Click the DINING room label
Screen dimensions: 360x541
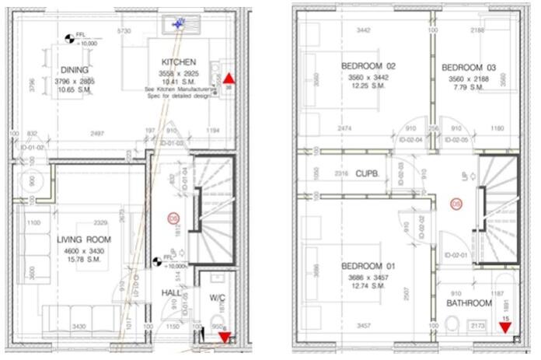(x=74, y=69)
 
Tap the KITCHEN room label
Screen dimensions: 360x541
(x=178, y=62)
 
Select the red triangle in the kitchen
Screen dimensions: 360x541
(x=229, y=79)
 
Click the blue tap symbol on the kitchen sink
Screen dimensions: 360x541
(x=180, y=24)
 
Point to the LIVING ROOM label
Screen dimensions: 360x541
(x=84, y=239)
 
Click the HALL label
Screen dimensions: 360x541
(x=170, y=292)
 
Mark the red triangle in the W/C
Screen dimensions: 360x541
(x=225, y=337)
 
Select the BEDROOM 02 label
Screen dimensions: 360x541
(x=368, y=66)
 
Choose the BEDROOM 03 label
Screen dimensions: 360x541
(x=468, y=68)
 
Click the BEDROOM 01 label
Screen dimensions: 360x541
(x=368, y=267)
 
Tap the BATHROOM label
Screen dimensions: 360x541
(x=469, y=302)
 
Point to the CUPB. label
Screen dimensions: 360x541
(x=367, y=175)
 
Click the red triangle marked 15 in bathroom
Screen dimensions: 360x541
(x=505, y=327)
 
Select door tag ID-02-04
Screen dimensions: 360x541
(x=410, y=140)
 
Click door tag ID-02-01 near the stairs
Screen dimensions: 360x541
(x=456, y=255)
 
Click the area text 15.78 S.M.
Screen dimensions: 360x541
(x=84, y=258)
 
